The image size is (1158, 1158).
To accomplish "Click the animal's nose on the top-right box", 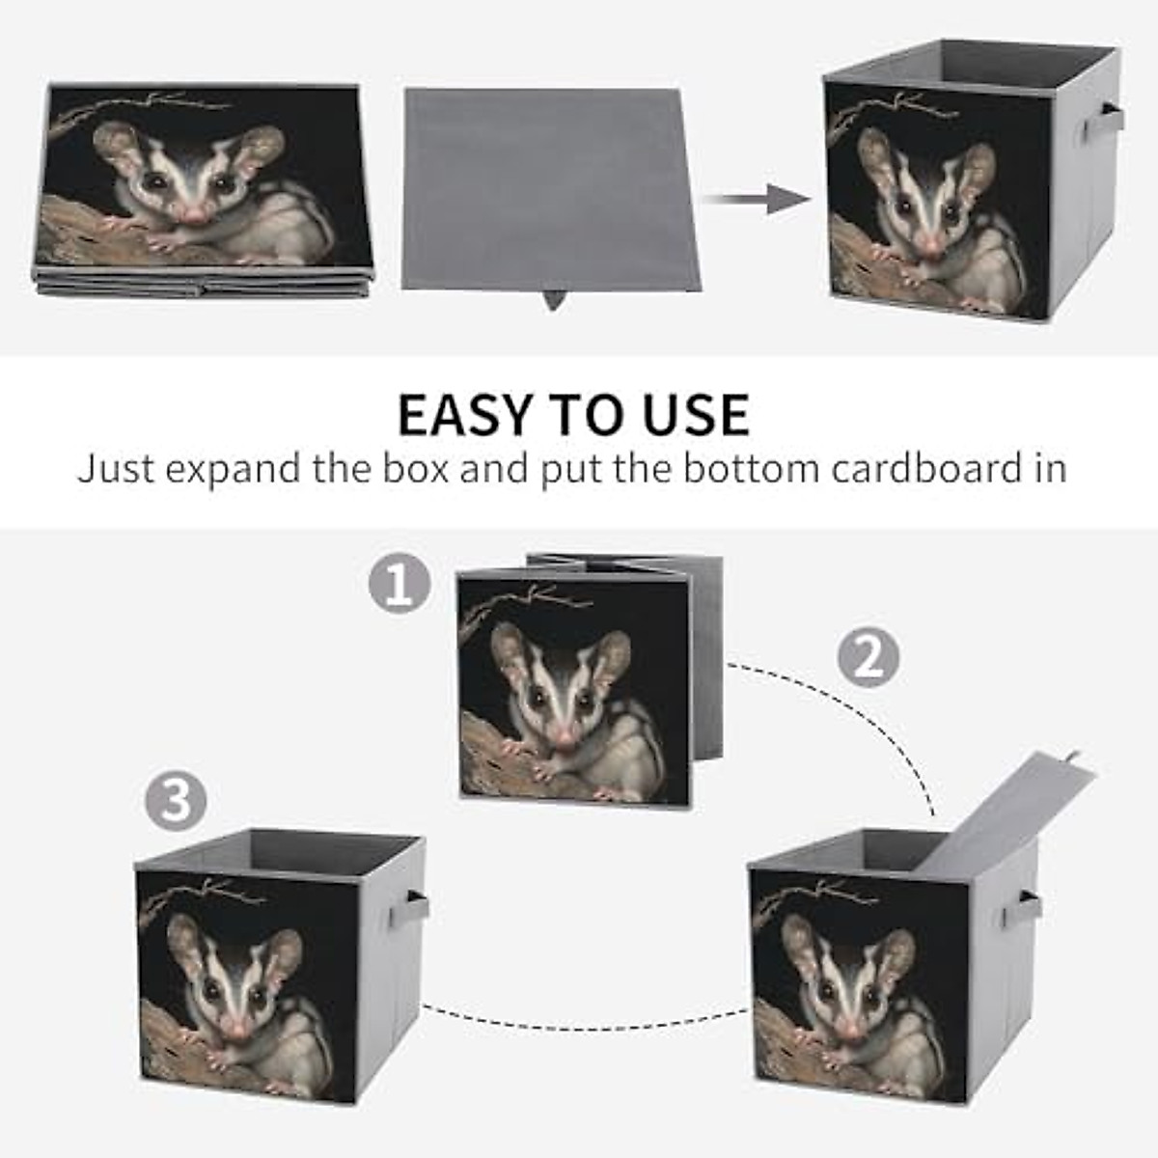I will click(928, 244).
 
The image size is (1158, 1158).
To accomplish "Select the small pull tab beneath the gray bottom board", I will click(553, 299).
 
